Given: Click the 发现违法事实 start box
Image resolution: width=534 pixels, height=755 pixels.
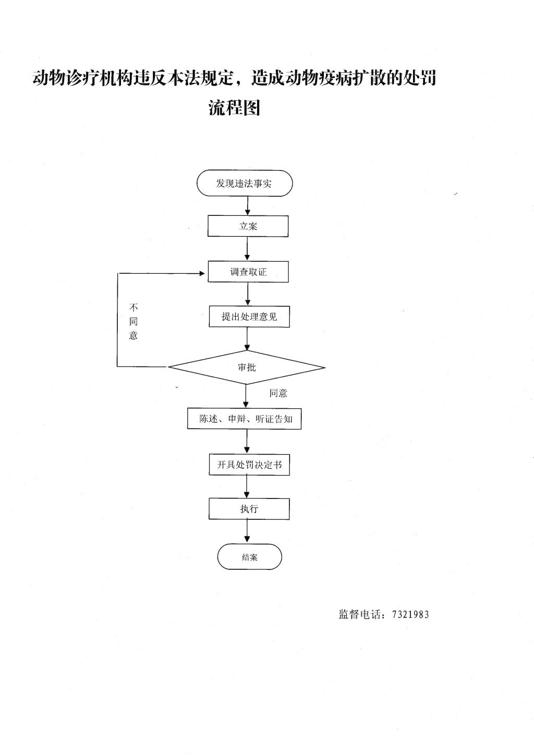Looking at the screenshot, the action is point(245,183).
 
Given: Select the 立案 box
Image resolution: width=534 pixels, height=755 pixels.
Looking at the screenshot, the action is point(248,226).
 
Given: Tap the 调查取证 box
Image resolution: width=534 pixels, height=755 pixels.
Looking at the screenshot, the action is point(248,272).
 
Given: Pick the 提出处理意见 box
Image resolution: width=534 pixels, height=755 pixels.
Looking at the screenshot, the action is point(249,316).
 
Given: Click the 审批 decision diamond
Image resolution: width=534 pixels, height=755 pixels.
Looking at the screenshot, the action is point(247,367).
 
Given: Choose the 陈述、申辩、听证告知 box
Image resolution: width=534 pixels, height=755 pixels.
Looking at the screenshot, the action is point(244,419).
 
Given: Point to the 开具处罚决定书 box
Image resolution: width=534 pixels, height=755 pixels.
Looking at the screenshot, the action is point(249,465).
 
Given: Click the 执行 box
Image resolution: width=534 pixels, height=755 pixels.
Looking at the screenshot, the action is point(249,508).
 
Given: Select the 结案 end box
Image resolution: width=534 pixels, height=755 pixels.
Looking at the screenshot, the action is point(249,557).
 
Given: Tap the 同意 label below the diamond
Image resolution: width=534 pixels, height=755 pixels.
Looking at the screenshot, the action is point(278,393).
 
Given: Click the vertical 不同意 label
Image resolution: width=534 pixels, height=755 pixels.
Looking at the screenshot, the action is point(133,321).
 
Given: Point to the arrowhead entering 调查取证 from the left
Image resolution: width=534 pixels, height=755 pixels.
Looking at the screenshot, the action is point(202,273).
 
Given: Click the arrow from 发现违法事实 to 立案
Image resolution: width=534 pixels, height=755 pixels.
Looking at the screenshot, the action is point(248,206).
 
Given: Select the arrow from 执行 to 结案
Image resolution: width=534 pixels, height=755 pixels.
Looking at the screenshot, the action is point(247,531).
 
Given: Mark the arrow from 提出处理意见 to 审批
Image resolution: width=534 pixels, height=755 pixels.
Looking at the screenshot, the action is point(247,339).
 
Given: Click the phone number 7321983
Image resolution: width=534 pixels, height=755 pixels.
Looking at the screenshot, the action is point(410,614).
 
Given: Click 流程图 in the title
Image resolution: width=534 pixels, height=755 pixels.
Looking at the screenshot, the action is point(234,107).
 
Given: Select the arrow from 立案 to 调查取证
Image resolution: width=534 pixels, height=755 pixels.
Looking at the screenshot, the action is point(248,249).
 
